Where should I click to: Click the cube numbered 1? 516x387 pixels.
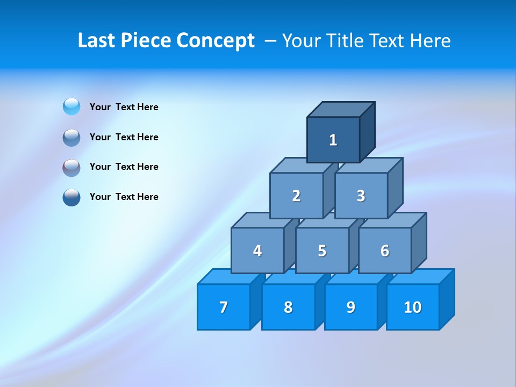coord(333,140)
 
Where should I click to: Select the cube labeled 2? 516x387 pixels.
coord(296,196)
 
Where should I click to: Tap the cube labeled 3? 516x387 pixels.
coord(361,196)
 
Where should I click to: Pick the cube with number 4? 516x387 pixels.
coord(257,250)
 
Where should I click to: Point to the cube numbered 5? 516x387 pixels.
coord(322,250)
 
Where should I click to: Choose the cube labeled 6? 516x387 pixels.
coord(385,250)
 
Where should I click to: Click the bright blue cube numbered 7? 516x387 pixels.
coord(224,307)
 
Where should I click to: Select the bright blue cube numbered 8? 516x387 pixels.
coord(288,307)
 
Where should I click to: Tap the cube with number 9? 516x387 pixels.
coord(351,307)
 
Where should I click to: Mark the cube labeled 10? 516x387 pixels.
coord(413,307)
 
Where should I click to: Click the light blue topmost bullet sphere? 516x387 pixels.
coord(71,107)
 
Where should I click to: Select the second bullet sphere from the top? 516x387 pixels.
coord(71,137)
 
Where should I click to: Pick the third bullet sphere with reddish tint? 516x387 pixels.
coord(71,167)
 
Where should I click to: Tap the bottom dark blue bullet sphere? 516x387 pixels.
coord(71,197)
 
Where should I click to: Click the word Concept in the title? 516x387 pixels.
coord(216,41)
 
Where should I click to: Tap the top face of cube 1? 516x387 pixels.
coord(341,110)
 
